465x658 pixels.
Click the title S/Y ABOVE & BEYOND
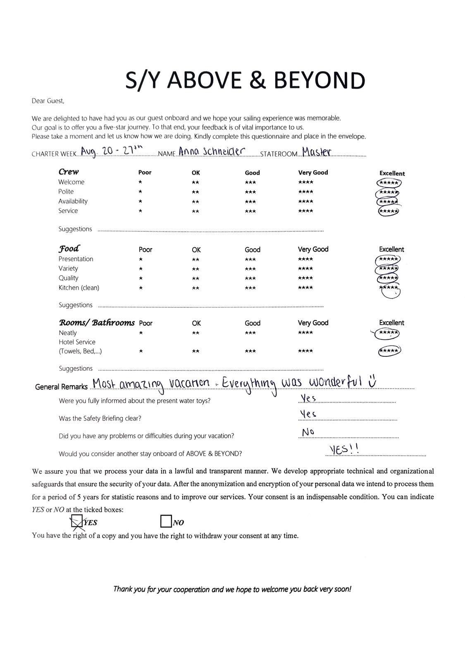coord(245,80)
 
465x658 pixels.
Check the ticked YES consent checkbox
coord(76,522)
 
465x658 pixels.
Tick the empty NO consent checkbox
coord(166,521)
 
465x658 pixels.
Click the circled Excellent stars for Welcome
coord(389,183)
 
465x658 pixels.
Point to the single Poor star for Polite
coord(141,192)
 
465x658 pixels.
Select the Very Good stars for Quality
coord(305,278)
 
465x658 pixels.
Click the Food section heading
coord(69,248)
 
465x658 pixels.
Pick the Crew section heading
coord(69,172)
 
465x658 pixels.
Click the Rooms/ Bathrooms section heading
coord(97,322)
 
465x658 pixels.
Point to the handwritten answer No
coord(308,432)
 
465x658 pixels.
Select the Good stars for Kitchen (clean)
coord(250,288)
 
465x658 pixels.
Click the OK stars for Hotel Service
coord(196,351)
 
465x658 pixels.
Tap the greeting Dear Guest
coord(48,101)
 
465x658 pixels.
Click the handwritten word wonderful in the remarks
coord(335,382)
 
